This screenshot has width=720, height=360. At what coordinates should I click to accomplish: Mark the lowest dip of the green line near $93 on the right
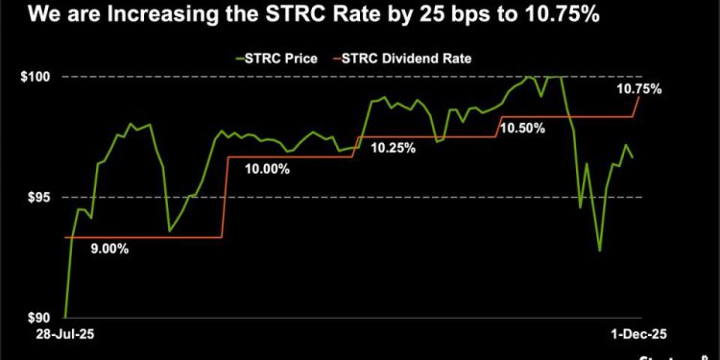600,251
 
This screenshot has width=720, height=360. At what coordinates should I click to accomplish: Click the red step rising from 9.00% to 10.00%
225,197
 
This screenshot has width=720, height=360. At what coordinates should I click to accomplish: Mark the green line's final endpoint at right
632,156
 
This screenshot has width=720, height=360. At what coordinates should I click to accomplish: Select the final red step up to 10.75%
636,106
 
